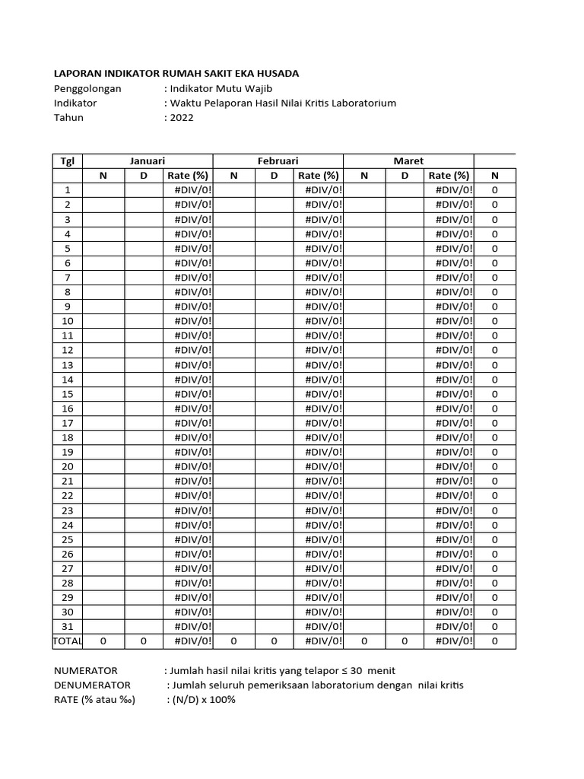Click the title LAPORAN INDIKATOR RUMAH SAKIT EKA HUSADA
pyautogui.click(x=176, y=74)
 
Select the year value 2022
pyautogui.click(x=182, y=118)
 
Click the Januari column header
pyautogui.click(x=148, y=161)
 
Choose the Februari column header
pyautogui.click(x=278, y=161)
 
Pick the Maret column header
pyautogui.click(x=409, y=161)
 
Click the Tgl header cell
pyautogui.click(x=68, y=161)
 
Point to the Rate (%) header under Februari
pyautogui.click(x=319, y=176)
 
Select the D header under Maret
pyautogui.click(x=405, y=176)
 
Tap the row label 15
pyautogui.click(x=68, y=394)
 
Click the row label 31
pyautogui.click(x=68, y=626)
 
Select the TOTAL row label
pyautogui.click(x=68, y=641)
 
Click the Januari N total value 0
pyautogui.click(x=103, y=641)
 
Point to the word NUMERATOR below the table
pyautogui.click(x=86, y=671)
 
